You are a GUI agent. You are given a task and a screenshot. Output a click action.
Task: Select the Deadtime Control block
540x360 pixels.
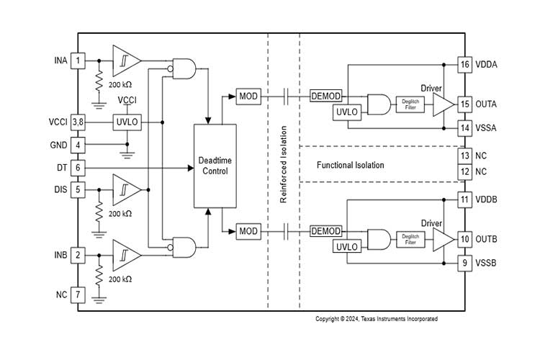click(215, 166)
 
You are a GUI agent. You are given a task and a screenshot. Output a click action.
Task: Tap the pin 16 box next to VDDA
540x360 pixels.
click(464, 64)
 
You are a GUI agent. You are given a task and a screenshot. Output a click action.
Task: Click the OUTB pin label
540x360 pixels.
click(486, 239)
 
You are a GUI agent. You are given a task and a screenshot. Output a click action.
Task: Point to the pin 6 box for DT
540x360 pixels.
click(78, 167)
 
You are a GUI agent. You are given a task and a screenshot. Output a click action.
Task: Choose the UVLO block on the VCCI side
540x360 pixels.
click(127, 122)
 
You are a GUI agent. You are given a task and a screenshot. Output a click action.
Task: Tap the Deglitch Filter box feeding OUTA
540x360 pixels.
click(410, 105)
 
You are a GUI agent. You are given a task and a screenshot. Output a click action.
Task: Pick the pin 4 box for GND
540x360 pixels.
click(78, 144)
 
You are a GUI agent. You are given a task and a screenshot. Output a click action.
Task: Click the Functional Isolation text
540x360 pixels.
click(350, 165)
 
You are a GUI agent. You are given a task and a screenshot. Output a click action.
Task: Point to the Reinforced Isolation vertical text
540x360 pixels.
click(284, 166)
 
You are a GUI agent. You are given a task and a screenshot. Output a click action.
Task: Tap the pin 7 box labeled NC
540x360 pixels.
click(78, 294)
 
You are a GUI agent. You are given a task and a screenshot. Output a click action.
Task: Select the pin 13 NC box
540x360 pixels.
click(464, 156)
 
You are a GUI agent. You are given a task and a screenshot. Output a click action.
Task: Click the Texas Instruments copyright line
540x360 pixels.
click(376, 318)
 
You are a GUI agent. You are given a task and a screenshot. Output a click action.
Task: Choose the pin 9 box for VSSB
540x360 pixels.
click(464, 264)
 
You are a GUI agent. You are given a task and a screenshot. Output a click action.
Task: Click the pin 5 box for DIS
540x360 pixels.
click(78, 190)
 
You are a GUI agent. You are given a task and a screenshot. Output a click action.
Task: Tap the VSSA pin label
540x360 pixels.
click(486, 127)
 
